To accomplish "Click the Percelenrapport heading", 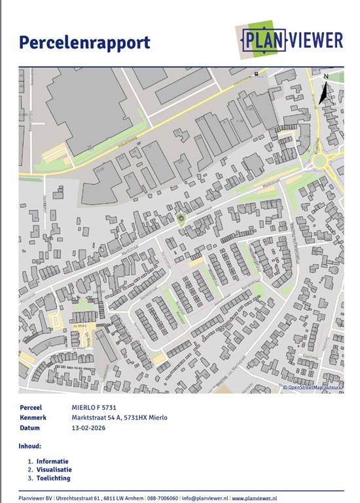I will click(84, 43).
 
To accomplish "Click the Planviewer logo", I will click(289, 40).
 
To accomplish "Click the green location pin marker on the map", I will click(181, 217).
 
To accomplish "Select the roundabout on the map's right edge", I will click(321, 160).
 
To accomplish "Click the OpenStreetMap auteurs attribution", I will click(313, 388).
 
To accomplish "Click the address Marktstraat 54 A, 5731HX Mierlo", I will click(120, 417).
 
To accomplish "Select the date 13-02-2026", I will click(88, 428).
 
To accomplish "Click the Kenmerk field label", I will click(33, 417).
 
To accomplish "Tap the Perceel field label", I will click(31, 407).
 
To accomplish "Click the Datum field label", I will click(30, 428).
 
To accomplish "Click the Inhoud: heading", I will click(31, 446).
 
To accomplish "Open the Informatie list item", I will click(52, 461).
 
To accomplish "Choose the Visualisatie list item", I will click(54, 470).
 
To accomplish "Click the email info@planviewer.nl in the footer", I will click(204, 498).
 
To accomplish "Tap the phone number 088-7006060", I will click(162, 498).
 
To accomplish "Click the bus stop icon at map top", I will click(256, 72).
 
